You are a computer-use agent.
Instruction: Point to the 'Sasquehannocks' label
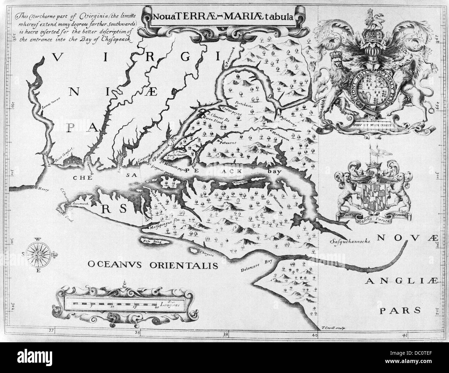tap(350, 242)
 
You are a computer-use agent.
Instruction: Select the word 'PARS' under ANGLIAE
tap(400, 310)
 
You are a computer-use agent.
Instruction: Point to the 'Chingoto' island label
tap(207, 253)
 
